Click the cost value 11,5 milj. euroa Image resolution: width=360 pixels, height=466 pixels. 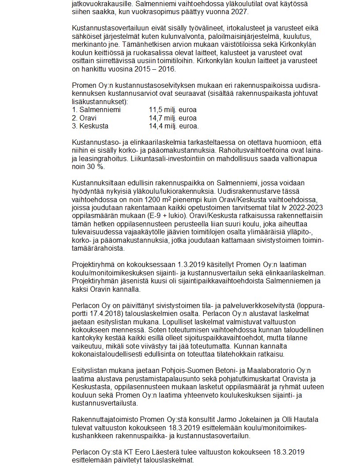pyautogui.click(x=172, y=110)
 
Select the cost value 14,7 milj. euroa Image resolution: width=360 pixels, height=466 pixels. pyautogui.click(x=172, y=118)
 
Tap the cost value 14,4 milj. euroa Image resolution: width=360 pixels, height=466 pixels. pyautogui.click(x=173, y=126)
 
